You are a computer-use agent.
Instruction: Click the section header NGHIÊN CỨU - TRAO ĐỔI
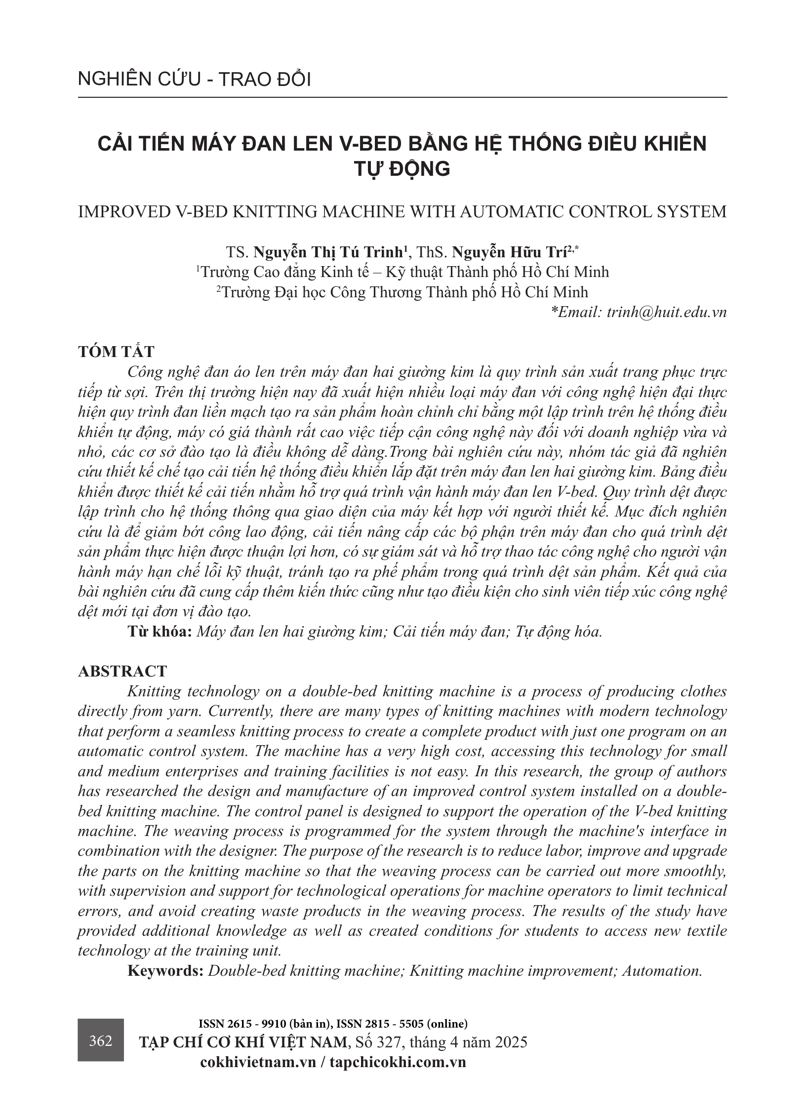(194, 80)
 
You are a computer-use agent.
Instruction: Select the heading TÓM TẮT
(116, 352)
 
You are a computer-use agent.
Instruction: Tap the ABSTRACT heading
(122, 671)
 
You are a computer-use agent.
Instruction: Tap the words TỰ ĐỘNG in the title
(402, 169)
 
